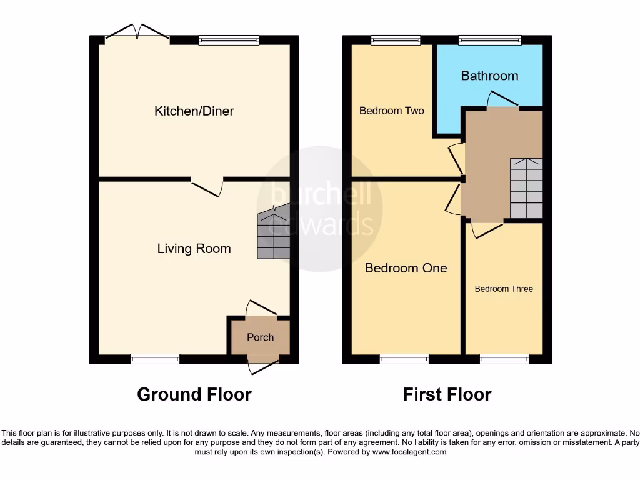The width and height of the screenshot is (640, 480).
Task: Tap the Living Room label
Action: (x=194, y=249)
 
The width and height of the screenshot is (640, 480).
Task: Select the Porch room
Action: (x=260, y=337)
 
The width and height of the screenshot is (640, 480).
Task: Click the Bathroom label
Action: (x=489, y=76)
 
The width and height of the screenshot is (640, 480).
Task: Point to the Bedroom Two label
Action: (x=391, y=111)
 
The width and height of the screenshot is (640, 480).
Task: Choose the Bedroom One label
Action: (x=406, y=268)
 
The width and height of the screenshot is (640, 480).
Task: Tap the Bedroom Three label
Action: (x=504, y=289)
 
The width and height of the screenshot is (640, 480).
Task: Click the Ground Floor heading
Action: (x=194, y=394)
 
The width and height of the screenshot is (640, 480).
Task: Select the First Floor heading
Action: (x=447, y=394)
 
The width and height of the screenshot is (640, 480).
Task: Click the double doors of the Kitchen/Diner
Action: (x=137, y=34)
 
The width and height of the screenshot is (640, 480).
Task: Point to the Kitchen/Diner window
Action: (x=229, y=40)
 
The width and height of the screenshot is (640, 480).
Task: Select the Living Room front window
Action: (x=155, y=359)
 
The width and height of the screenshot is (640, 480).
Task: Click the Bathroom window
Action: (x=489, y=40)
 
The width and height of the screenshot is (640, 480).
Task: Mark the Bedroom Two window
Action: (x=395, y=40)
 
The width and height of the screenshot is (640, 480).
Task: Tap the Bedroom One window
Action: (x=404, y=359)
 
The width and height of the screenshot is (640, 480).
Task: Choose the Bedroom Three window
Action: (x=504, y=359)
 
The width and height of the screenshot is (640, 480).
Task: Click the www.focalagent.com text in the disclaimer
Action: (x=409, y=452)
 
